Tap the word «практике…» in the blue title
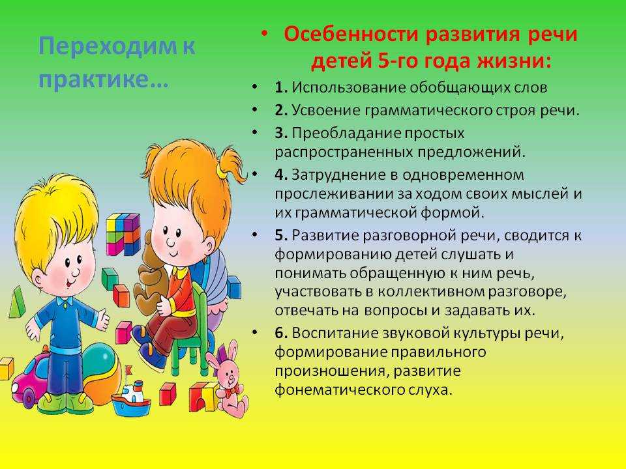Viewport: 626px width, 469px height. click(104, 79)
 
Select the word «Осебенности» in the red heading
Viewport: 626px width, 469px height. click(351, 34)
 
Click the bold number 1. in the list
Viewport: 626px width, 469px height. click(281, 88)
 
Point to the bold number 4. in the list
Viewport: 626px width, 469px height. click(281, 175)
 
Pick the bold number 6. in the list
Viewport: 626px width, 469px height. click(281, 333)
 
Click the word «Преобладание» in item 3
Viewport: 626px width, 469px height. click(346, 133)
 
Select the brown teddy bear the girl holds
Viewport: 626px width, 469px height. click(151, 271)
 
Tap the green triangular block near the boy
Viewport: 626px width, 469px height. click(16, 302)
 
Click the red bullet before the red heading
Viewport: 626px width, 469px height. click(264, 34)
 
